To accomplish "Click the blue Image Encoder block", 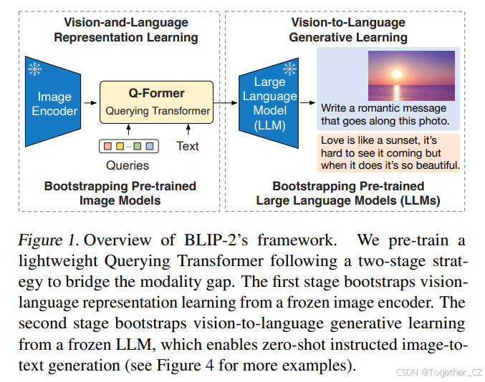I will click(x=54, y=104).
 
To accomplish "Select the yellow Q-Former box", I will click(x=157, y=101).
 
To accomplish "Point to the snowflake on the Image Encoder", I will click(x=34, y=69).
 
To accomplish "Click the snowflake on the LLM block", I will click(x=289, y=69).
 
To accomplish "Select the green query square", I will click(x=137, y=147).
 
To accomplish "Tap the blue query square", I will click(x=149, y=147).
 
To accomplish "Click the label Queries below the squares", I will click(x=128, y=165).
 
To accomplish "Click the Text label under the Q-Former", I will click(x=188, y=147).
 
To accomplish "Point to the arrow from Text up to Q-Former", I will click(x=188, y=129).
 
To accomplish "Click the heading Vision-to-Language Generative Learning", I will click(x=348, y=30).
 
